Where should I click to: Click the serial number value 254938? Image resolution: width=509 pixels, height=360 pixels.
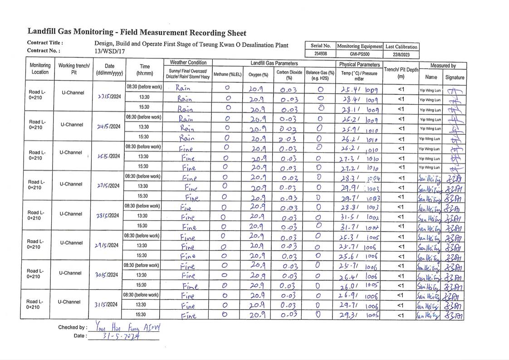pos(320,54)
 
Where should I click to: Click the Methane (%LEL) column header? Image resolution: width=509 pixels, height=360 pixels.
pos(227,74)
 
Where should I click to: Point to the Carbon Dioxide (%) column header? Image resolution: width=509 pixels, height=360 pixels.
pos(289,74)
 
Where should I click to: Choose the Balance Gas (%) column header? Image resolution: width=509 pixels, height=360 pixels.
pos(320,74)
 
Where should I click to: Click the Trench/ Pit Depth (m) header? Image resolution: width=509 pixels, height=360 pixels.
pos(401,73)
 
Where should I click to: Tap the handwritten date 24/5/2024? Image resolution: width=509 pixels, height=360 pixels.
pos(108,127)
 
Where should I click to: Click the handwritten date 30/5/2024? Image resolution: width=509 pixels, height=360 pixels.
pos(107,275)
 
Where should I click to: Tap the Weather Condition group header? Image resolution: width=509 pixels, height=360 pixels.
pos(188,63)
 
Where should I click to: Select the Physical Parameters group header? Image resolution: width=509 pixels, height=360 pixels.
pos(359,64)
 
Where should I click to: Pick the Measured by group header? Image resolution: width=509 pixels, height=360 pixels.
pos(443,66)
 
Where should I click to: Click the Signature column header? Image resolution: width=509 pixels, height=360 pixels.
pos(455,77)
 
